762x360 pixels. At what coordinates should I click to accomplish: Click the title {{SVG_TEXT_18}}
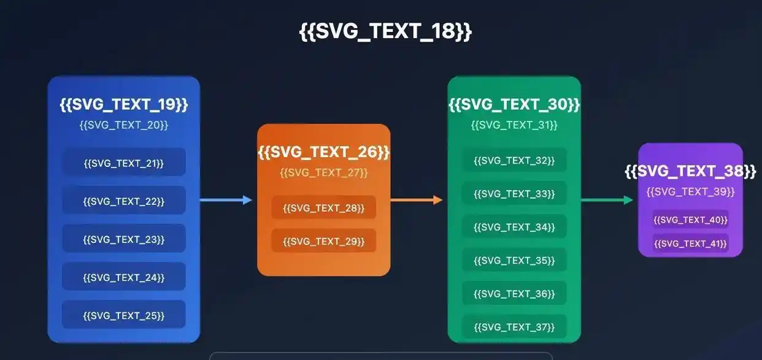(385, 31)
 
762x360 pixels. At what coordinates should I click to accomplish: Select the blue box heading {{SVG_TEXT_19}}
(124, 104)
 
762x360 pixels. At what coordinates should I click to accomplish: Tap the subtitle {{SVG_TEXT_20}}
(124, 125)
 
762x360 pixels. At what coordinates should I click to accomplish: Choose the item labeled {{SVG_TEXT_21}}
(124, 163)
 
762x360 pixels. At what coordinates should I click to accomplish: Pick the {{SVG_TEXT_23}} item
(124, 239)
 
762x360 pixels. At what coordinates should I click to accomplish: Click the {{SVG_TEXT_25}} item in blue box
(124, 315)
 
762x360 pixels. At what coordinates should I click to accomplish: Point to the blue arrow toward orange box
(226, 200)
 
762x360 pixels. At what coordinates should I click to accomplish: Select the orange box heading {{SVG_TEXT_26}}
(323, 151)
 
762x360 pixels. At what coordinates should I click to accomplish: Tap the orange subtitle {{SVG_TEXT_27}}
(323, 173)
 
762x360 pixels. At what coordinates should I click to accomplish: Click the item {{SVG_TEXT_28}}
(323, 208)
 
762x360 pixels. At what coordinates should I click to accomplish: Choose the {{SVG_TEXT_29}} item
(323, 241)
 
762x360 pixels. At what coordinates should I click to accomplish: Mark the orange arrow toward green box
(417, 200)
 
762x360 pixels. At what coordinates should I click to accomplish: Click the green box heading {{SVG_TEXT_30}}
(514, 104)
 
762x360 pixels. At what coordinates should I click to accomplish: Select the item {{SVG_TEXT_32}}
(514, 160)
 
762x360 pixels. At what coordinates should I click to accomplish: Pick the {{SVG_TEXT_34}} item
(514, 227)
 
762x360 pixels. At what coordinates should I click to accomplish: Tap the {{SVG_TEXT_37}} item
(514, 327)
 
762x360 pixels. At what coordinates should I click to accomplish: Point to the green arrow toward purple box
(607, 200)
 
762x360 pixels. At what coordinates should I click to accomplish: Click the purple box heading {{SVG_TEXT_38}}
(690, 171)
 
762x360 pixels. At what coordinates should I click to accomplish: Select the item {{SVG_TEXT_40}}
(690, 220)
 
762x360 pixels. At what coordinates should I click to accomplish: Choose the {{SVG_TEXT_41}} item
(690, 243)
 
